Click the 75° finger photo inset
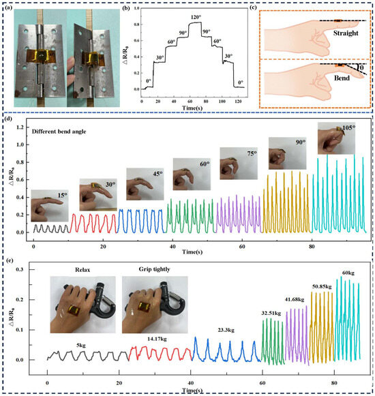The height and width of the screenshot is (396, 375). (x=234, y=164)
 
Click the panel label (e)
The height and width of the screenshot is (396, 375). (x=9, y=260)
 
